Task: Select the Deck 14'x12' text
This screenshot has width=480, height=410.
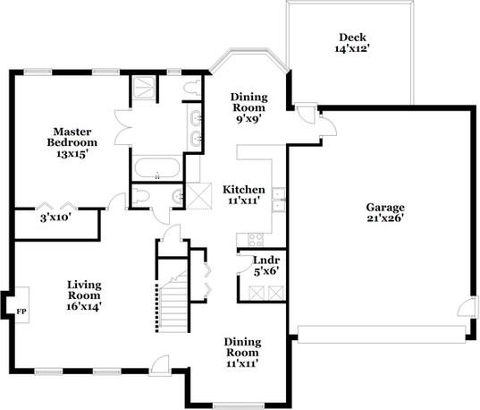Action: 349,44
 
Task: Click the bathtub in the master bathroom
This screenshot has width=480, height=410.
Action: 157,167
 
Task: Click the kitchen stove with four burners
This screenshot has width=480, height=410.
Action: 254,239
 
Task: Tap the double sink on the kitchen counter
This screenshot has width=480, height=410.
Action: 278,198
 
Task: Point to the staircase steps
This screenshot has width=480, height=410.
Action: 173,300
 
